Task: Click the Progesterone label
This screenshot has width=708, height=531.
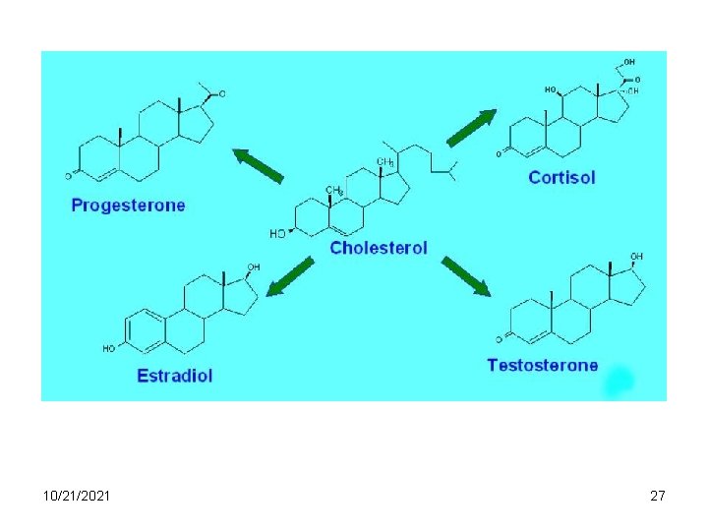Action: point(128,206)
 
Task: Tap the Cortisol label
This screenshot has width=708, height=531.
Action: point(561,178)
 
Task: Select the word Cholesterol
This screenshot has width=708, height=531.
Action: point(379,248)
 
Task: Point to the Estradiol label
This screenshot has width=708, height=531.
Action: point(175,375)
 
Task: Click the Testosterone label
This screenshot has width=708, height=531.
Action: point(542,365)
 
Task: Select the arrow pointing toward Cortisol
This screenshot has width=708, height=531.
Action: point(471,128)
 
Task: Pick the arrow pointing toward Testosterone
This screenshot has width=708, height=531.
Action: point(465,276)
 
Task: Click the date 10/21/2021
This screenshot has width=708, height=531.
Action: point(78,496)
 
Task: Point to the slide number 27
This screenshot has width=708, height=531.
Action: point(658,496)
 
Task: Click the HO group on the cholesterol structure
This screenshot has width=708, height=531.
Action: point(278,234)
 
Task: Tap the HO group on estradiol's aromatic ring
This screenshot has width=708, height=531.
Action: point(109,348)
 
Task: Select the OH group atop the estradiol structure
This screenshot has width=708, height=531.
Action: point(254,266)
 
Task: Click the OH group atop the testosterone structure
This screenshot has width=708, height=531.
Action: point(636,257)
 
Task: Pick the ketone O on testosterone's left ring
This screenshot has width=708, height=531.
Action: point(499,339)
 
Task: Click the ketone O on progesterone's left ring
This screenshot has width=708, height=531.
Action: point(70,176)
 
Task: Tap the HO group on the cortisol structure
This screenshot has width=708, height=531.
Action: point(551,90)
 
